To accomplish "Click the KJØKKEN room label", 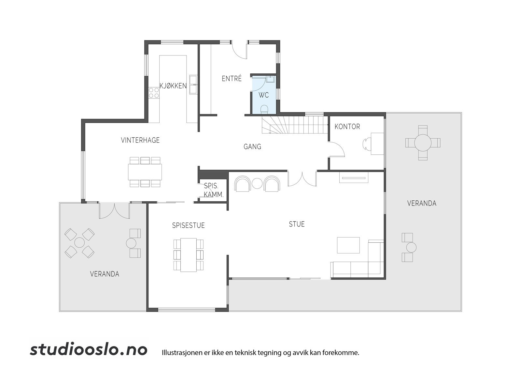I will point(173,86).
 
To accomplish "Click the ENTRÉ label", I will point(232,79).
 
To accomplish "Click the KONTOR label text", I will point(347,127).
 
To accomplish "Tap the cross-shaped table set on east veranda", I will point(423,143).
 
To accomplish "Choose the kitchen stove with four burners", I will point(154,93).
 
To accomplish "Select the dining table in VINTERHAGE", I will point(145,172).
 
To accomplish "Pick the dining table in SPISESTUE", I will point(189,255).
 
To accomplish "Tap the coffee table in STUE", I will point(348,245).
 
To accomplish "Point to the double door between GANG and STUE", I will point(302,179).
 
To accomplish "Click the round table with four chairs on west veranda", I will point(79,242).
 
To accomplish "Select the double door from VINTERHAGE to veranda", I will point(114,210).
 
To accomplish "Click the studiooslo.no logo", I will point(89,349).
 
